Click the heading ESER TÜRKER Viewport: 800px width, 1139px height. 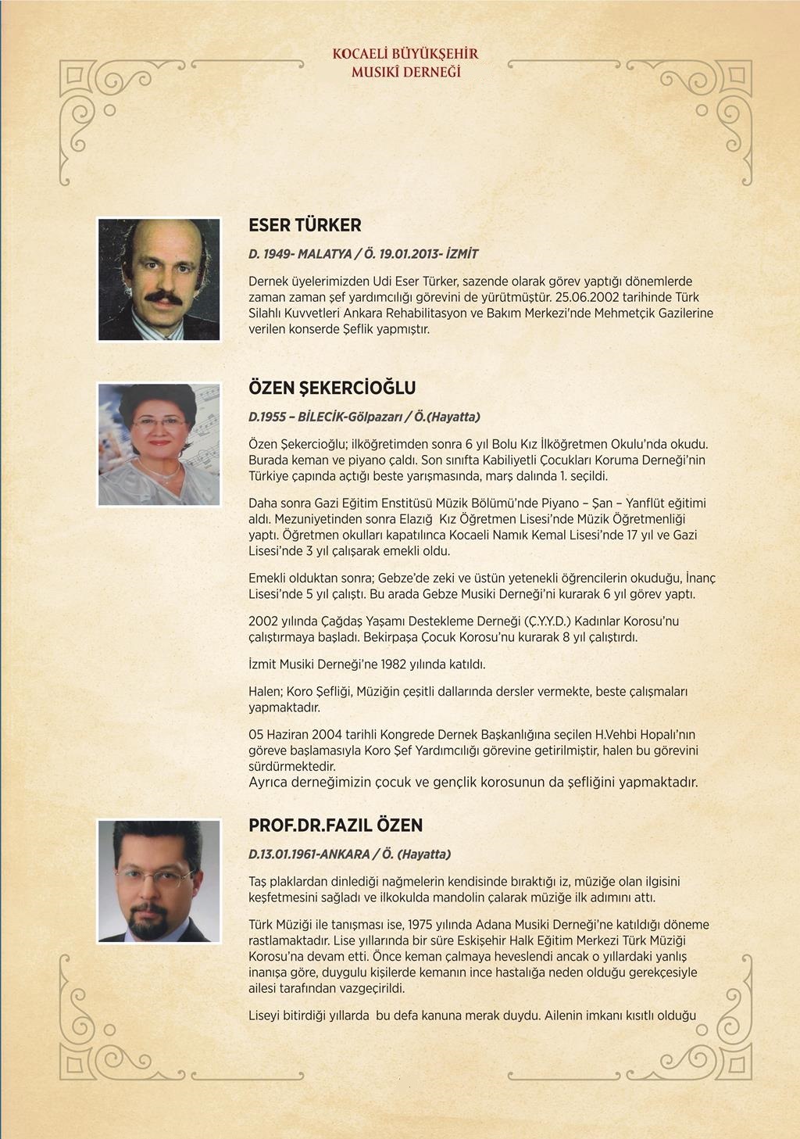pos(305,225)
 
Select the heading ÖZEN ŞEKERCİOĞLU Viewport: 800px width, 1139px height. pos(332,388)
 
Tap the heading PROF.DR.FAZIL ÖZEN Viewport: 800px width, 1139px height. pos(335,826)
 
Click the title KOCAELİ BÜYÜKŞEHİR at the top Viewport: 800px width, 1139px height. pos(405,54)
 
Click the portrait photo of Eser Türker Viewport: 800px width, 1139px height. pos(159,279)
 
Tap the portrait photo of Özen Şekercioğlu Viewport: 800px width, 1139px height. pos(159,444)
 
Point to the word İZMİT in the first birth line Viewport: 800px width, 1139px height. pos(462,254)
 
